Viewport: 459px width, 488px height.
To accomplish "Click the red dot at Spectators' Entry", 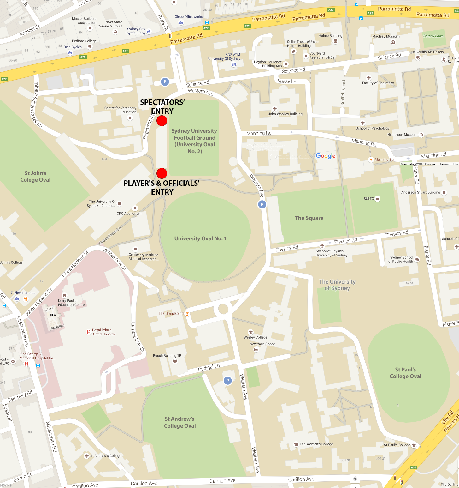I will point(162,121).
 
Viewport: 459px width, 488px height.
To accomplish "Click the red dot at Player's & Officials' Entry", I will point(162,173).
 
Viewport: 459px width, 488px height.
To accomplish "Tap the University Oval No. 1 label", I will point(200,239).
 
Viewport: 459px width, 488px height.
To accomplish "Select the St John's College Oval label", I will point(35,177).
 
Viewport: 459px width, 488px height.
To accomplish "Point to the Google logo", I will point(326,156).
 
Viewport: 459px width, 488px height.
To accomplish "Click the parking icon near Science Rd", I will point(165,82).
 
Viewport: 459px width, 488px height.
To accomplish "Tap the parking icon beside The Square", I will point(262,204).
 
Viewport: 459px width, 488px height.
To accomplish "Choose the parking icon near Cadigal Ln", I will point(227,381).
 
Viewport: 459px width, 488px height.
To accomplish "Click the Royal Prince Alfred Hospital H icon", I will point(89,332).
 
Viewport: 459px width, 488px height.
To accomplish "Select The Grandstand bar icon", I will point(187,314).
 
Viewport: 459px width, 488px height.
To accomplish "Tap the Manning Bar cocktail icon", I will point(371,160).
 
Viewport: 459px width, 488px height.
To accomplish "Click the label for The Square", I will point(309,218).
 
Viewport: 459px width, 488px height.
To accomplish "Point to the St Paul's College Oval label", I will point(405,373).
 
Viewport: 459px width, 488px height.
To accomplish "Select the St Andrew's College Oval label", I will point(179,422).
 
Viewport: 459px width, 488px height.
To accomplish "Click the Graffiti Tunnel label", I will point(343,93).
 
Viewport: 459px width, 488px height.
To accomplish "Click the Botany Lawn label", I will point(433,36).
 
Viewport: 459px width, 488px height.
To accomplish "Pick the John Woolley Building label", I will point(285,114).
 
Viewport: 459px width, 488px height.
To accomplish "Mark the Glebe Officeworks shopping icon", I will point(181,22).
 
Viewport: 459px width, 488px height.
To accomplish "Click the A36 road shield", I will point(414,467).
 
